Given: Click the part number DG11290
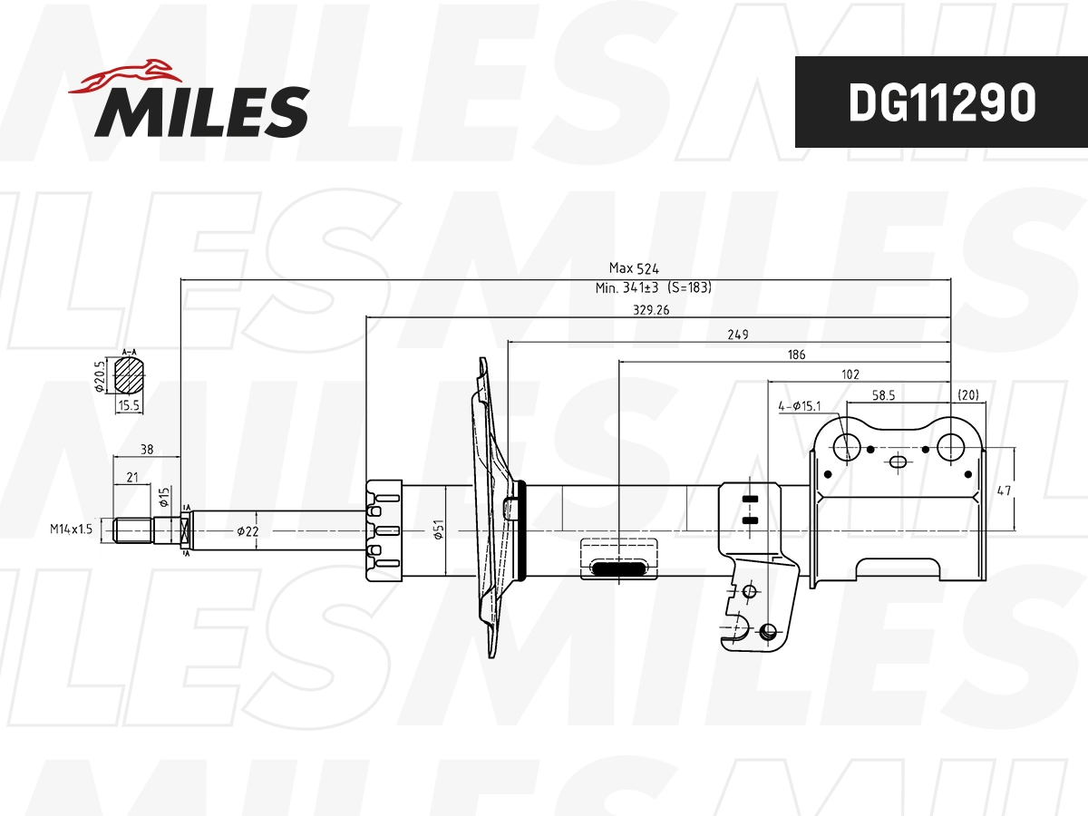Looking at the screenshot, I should coord(941,102).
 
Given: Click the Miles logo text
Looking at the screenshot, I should coord(202,112).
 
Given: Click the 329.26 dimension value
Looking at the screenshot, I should coord(650,309).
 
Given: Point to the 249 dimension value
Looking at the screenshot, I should coord(738,335).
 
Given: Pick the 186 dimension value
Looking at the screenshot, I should coord(796,355).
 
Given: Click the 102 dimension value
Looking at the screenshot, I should coord(850,374).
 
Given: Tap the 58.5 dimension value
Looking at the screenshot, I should coord(885,396).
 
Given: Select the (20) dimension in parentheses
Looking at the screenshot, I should coord(968,396).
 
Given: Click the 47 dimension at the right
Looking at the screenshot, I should coord(1004,491).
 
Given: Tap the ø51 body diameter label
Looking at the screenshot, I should coord(437,529).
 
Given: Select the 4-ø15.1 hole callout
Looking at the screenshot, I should coord(800,406).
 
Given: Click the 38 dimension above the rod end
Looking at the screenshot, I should coord(146,448).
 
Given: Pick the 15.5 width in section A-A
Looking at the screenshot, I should coord(128,407).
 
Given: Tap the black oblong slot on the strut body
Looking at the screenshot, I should coord(619,568).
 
